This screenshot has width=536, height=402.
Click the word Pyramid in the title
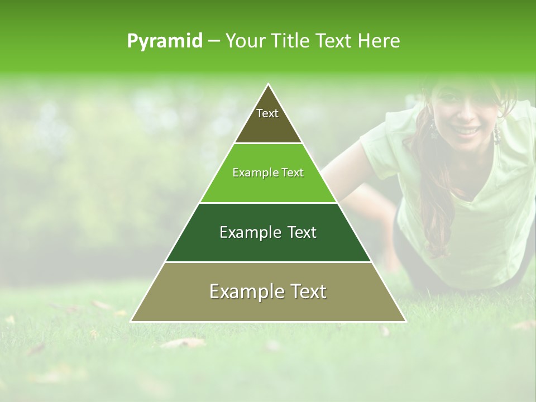pyautogui.click(x=165, y=41)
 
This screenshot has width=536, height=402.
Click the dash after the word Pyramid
pyautogui.click(x=214, y=41)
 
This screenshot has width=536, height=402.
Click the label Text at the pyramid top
pyautogui.click(x=267, y=113)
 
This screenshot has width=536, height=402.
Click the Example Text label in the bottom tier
pyautogui.click(x=268, y=291)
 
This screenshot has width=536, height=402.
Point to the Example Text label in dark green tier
pyautogui.click(x=268, y=232)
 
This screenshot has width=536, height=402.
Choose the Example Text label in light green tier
pyautogui.click(x=268, y=173)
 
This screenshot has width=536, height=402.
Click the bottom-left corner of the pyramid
pyautogui.click(x=131, y=321)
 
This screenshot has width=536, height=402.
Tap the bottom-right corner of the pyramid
pyautogui.click(x=405, y=321)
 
